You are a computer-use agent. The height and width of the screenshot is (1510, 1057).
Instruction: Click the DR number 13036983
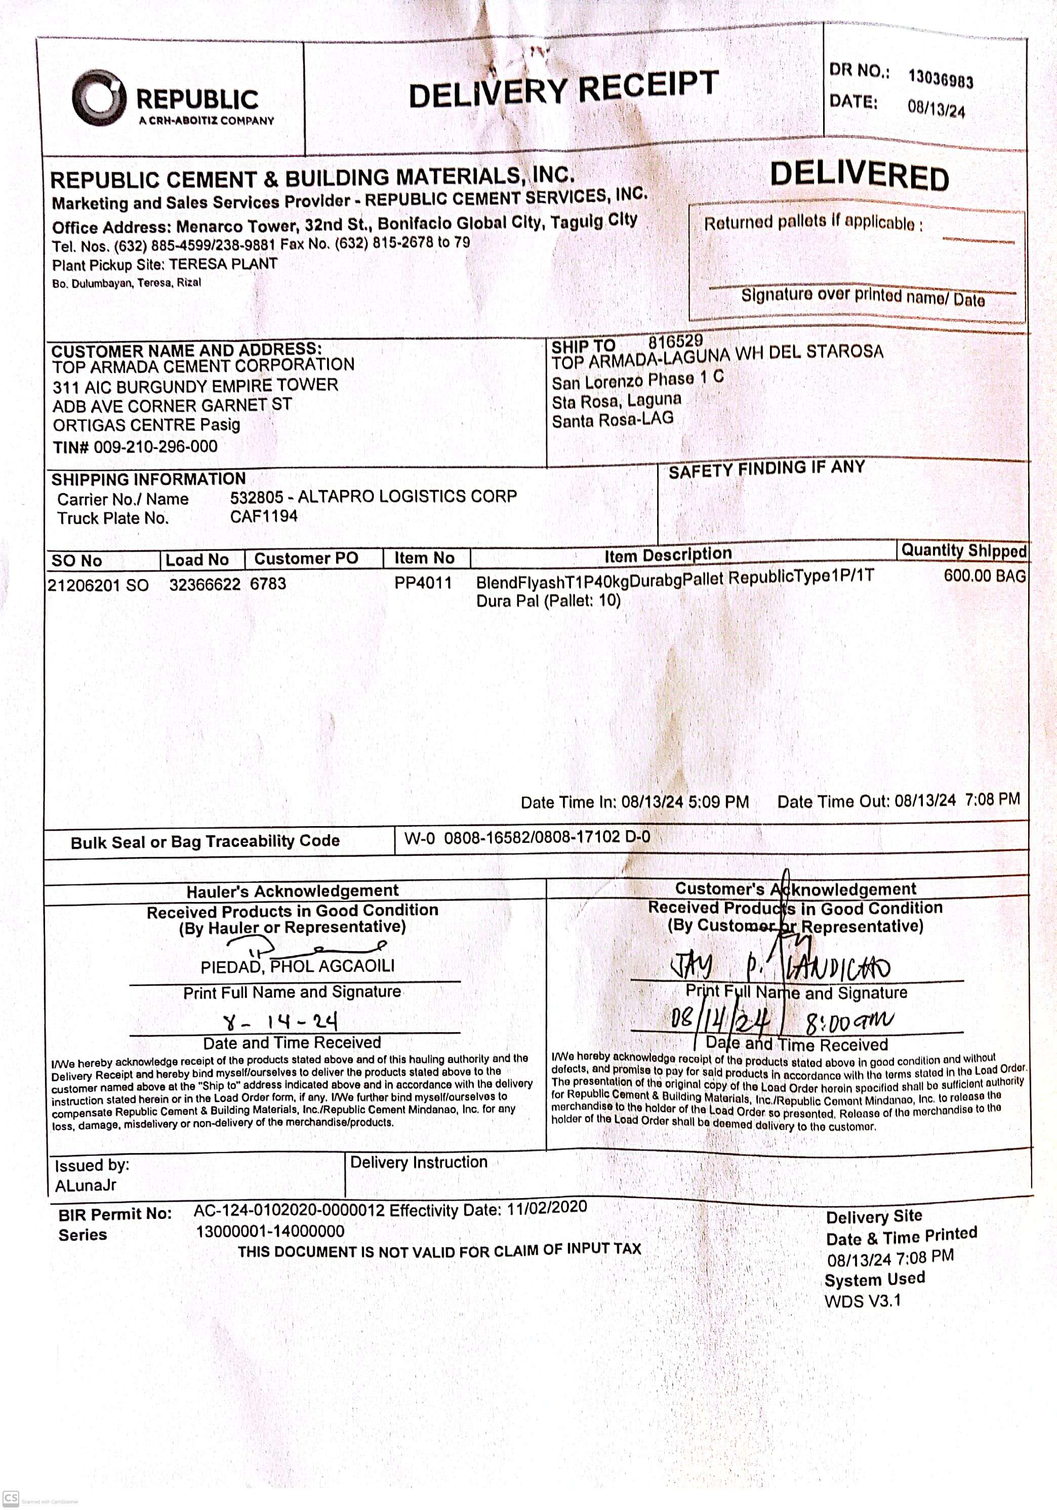[941, 78]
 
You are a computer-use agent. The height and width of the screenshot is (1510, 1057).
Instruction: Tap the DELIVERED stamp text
[859, 176]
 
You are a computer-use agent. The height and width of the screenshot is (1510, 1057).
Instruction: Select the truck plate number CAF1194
[264, 516]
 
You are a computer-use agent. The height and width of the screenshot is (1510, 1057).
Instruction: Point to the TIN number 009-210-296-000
[155, 446]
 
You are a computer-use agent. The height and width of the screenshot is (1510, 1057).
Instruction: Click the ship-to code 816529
[675, 341]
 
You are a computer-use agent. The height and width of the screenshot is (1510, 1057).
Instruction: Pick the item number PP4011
[423, 583]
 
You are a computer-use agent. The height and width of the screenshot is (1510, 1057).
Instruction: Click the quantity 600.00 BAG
[984, 576]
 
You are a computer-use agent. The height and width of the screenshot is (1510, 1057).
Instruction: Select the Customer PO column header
[306, 558]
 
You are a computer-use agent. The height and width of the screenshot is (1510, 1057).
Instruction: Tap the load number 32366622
[205, 584]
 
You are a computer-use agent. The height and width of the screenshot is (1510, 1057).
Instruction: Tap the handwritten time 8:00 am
[849, 1022]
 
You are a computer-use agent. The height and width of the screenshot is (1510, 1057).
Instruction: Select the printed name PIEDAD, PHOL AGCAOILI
[297, 966]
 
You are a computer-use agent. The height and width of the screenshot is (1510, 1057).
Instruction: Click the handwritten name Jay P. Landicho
[780, 967]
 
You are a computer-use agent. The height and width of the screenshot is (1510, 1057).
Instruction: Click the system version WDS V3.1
[862, 1301]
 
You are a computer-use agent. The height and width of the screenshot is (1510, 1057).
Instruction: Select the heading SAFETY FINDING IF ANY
[766, 468]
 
